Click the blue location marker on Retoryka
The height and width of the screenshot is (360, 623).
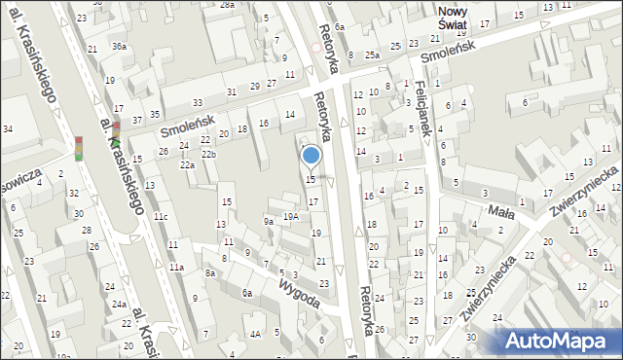(x=311, y=155)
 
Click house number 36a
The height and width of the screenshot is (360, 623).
(x=119, y=47)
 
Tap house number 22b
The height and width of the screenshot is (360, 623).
(x=208, y=155)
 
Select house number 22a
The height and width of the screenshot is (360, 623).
(x=187, y=165)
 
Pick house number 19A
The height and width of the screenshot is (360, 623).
(x=290, y=217)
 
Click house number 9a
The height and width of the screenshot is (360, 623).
(x=268, y=222)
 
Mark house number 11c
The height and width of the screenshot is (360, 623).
(x=161, y=216)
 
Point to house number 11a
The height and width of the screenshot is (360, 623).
(x=176, y=267)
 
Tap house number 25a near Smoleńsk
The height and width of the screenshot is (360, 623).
(x=372, y=55)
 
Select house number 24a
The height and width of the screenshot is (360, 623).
(x=118, y=304)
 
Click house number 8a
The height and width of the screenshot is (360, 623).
(x=209, y=274)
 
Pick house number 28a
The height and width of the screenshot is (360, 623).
(x=227, y=5)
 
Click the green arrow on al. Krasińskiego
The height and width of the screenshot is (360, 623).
(x=115, y=143)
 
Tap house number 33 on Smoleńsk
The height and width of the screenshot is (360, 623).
(x=198, y=103)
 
